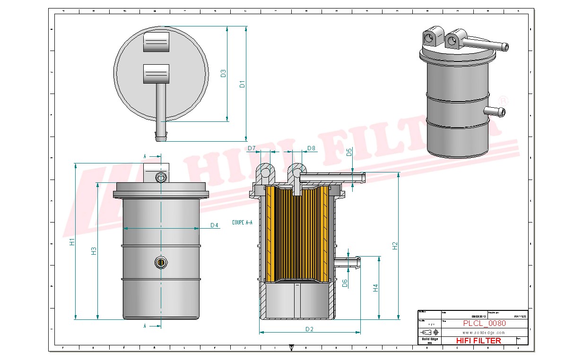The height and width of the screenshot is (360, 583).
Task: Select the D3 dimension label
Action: pos(224,74)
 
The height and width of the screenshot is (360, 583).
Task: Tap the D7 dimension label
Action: pos(252,149)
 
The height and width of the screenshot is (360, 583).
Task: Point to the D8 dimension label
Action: pos(311,149)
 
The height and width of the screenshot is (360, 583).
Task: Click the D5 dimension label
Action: pos(349,152)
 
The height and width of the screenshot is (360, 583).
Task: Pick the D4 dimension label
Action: pos(214,225)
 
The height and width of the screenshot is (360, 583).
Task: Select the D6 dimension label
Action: pos(345,283)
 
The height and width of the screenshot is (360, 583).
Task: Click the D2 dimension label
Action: pos(309,329)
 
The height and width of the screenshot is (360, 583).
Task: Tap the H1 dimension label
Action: pos(72,242)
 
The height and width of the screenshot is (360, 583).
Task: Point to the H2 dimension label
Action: pos(395,246)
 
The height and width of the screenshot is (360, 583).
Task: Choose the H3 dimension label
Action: pos(94,251)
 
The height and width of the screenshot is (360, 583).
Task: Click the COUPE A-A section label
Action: pos(242,222)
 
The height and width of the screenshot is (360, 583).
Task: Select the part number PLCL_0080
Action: pos(484,324)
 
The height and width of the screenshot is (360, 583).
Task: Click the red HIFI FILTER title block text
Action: pos(478,341)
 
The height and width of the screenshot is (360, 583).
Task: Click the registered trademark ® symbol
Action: pos(504,101)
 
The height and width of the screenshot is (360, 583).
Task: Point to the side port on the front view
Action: pos(161,262)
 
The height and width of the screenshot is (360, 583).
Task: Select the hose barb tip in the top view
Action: pos(161,137)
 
